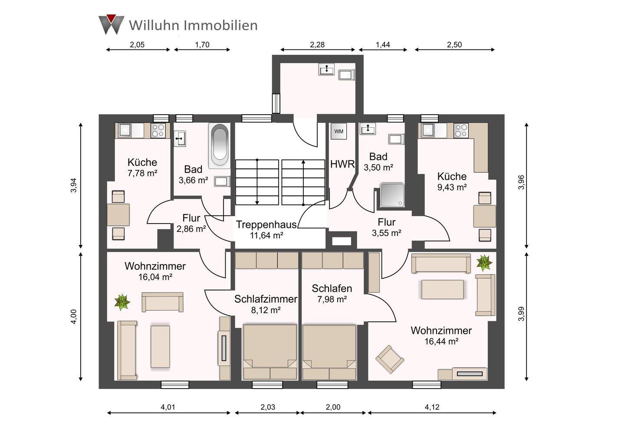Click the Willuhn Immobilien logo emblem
click(111, 24)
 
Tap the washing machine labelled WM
click(339, 131)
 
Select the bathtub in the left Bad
click(220, 146)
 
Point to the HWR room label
click(342, 164)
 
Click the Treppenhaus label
click(266, 224)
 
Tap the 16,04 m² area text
click(155, 277)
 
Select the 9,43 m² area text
click(452, 187)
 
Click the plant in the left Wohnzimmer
click(122, 302)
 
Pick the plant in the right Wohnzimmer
click(484, 262)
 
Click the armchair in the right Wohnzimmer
click(389, 359)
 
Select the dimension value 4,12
click(432, 407)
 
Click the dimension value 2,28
click(317, 44)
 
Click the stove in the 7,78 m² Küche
click(158, 130)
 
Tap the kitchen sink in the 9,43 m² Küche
click(428, 130)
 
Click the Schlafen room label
click(332, 288)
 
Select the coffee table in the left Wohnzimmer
click(160, 346)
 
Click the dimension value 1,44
click(383, 44)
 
